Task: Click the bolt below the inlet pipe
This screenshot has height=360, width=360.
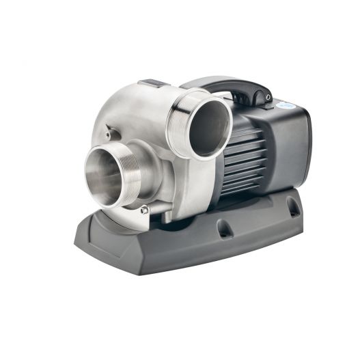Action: [144, 210]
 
